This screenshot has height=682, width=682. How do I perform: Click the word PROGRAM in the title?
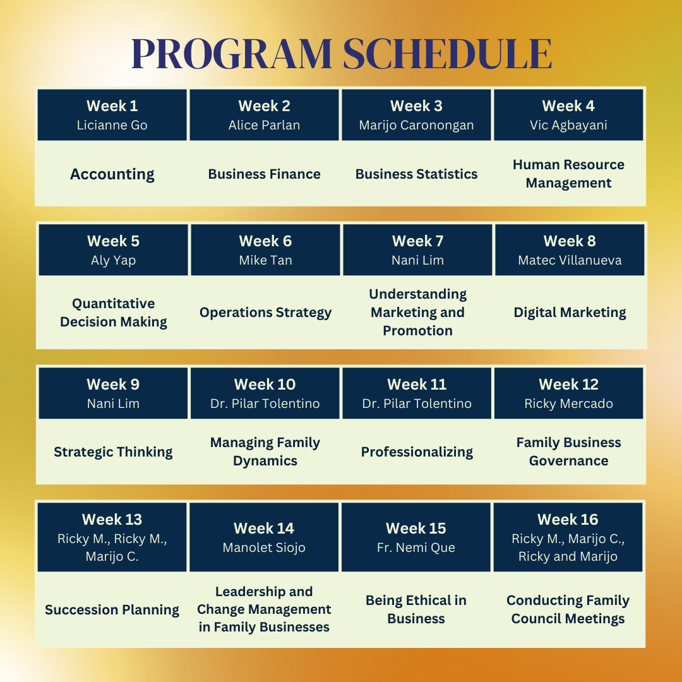232,54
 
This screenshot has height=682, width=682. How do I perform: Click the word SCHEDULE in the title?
448,54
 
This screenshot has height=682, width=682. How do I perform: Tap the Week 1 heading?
112,106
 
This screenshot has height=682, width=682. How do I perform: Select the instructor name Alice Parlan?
264,125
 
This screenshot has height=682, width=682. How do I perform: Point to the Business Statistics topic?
416,174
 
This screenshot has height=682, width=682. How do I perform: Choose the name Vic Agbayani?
568,125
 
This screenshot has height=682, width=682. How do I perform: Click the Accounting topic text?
112,174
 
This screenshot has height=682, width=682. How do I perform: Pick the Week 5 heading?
113,241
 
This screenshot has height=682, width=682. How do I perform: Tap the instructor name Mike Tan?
265,260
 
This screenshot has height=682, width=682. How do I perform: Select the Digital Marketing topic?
570,313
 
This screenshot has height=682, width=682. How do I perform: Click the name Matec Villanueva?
570,260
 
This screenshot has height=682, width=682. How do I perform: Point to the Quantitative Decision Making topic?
114,313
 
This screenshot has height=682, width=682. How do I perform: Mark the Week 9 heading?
113,385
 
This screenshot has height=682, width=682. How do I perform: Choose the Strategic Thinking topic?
113,452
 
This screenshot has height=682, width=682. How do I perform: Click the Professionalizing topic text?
417,452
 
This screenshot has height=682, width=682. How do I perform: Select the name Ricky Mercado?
568,404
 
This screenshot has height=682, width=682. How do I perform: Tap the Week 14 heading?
264,529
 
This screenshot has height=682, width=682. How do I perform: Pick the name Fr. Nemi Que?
416,547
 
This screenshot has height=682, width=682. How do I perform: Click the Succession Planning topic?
112,610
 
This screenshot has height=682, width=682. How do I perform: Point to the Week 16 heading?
568,520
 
